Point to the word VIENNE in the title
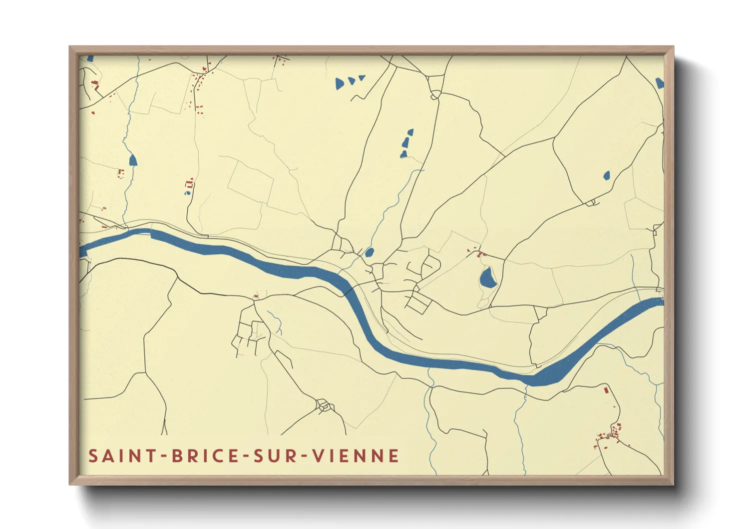click(x=356, y=456)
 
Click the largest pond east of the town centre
click(x=488, y=277)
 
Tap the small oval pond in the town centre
click(x=369, y=252)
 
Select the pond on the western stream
click(x=133, y=160)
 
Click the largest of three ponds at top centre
click(x=340, y=83)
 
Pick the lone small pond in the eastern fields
click(x=606, y=175)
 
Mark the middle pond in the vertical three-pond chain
click(x=405, y=143)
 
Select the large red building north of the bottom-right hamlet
click(x=606, y=389)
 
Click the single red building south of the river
click(x=256, y=296)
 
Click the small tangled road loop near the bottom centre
click(x=324, y=405)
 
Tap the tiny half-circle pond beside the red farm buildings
click(x=188, y=192)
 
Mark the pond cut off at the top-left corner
click(x=90, y=58)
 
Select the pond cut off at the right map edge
click(x=660, y=82)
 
